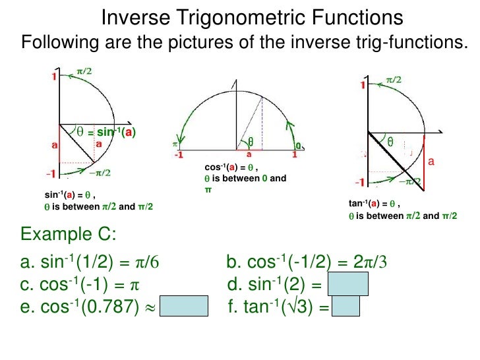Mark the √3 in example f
[308, 307]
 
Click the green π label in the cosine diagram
[175, 142]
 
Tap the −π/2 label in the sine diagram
[100, 173]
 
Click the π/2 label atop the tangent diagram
[394, 79]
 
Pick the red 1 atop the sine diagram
[54, 76]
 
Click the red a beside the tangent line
[432, 161]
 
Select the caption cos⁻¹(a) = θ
[230, 168]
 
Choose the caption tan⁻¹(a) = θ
[374, 204]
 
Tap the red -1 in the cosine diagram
[178, 156]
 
